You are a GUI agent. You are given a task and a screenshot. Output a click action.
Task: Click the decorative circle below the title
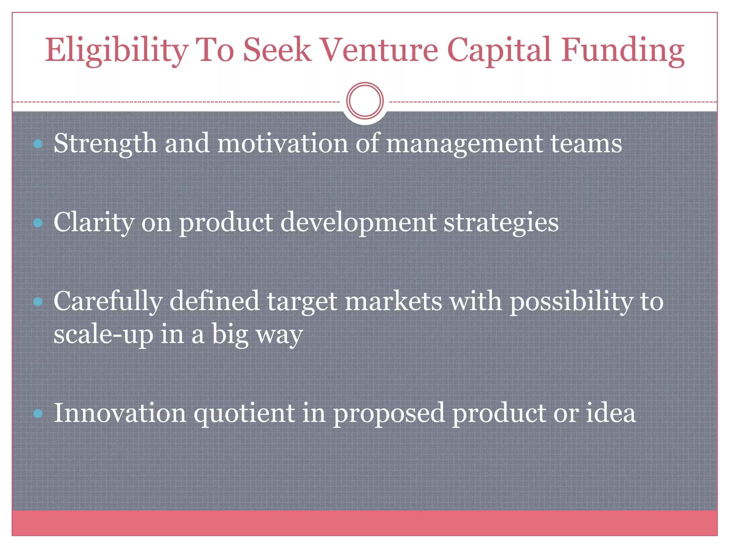(x=365, y=101)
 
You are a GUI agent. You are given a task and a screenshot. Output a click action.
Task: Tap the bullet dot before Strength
(x=38, y=144)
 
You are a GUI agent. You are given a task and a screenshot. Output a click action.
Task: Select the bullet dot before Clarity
(x=38, y=223)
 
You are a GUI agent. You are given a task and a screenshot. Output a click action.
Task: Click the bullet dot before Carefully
(x=38, y=302)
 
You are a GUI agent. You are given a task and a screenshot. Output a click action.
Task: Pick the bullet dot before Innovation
(x=38, y=413)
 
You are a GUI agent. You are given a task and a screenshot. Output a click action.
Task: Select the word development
(x=358, y=223)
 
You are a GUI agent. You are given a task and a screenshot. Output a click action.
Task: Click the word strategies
(x=501, y=223)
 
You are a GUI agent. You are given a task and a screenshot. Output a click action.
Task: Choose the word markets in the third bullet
(x=394, y=301)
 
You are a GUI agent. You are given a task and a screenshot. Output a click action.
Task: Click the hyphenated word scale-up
(x=103, y=334)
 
